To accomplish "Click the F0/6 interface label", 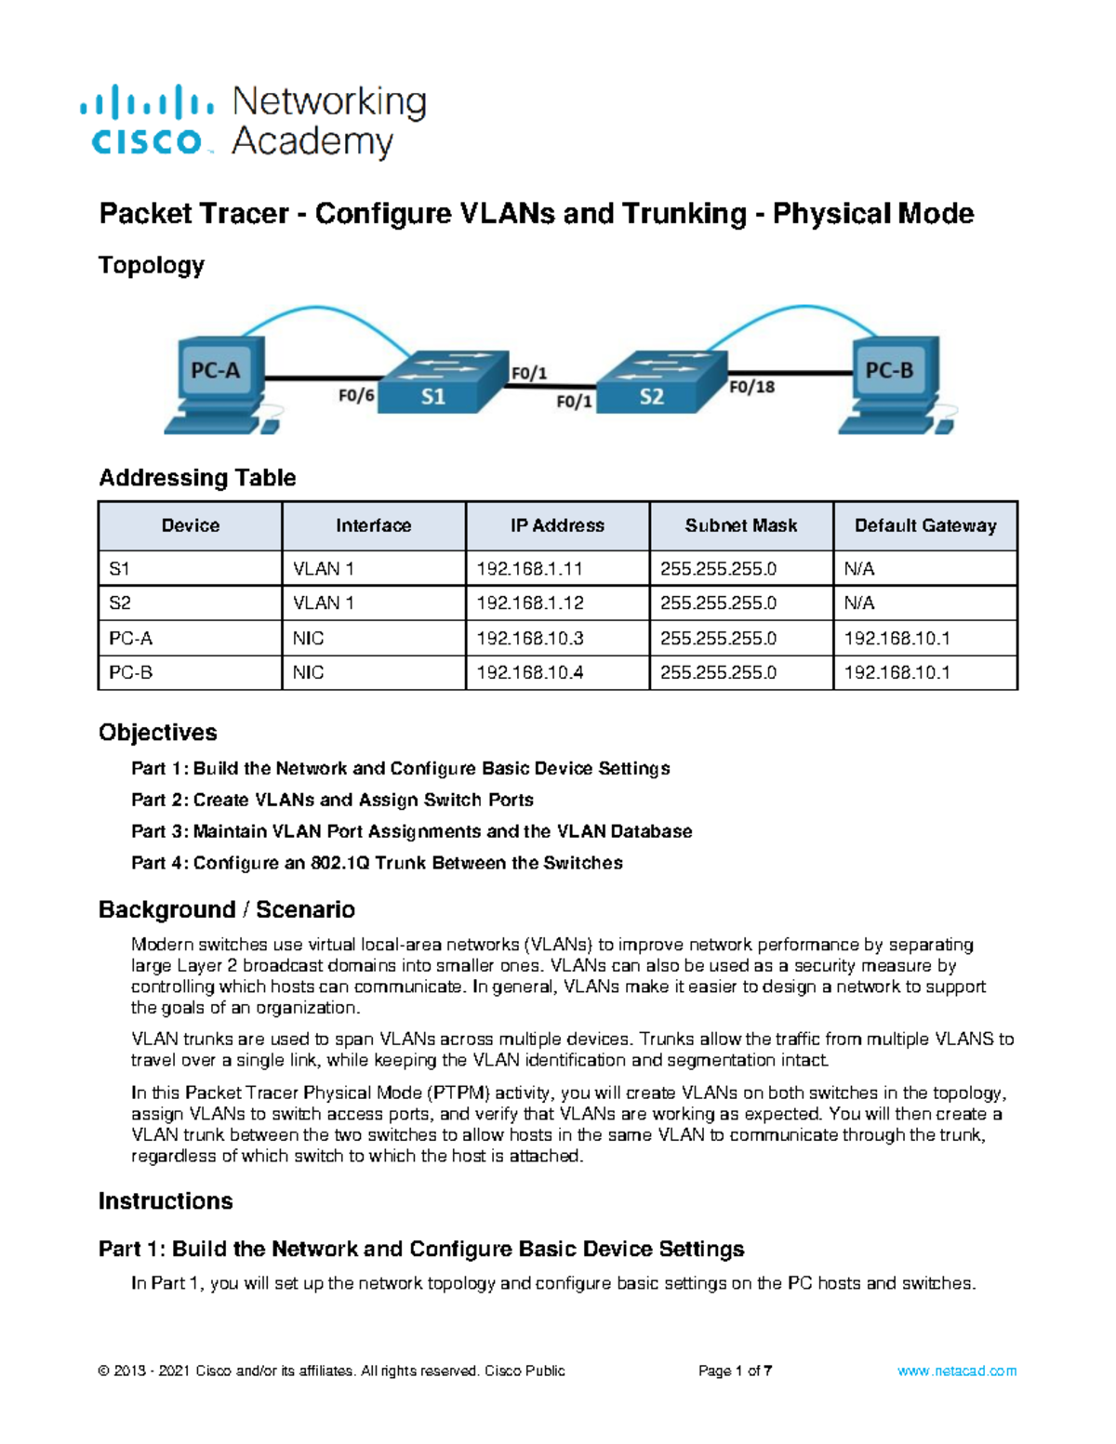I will pos(355,395).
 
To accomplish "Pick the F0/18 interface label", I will pos(751,387).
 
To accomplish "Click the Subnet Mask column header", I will pos(741,525).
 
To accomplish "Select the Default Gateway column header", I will pos(925,525).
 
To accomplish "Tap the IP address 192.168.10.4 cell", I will pos(529,672).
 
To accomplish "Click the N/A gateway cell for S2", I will pos(859,603).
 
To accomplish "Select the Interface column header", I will pos(373,525).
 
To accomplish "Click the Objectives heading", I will pos(158,733).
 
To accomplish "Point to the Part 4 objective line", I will pos(377,863).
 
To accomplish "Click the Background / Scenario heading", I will pos(227,909).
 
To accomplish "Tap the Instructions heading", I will pos(166,1201).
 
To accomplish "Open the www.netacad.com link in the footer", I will pos(957,1371).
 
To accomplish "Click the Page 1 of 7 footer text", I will pos(735,1371).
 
